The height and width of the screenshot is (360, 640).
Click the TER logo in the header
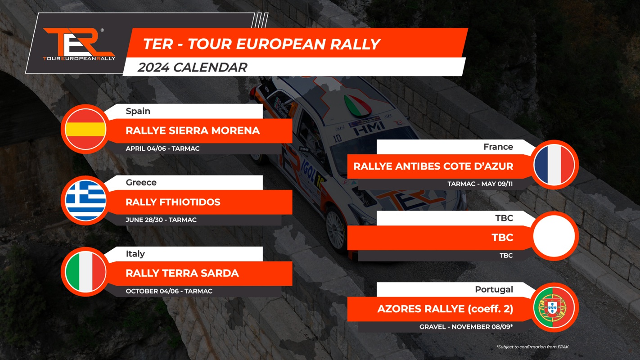pos(79,44)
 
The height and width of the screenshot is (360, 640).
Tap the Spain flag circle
pos(86,129)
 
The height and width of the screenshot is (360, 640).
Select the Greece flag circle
pos(86,201)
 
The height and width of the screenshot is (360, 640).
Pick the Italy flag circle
pos(86,272)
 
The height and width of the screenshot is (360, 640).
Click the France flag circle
pos(554,165)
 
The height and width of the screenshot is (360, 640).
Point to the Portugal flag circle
pos(554,307)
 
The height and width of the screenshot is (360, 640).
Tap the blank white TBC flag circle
pos(554,236)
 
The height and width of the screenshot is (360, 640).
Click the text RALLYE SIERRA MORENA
pos(193,130)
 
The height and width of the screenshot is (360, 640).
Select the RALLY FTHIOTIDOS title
pos(173,202)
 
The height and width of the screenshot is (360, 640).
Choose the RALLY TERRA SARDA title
pos(182,273)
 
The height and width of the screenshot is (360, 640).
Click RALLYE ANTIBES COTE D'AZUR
pos(433,166)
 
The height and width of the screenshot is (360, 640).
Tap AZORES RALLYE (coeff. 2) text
pos(445,309)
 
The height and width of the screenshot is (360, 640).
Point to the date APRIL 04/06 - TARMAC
pos(162,148)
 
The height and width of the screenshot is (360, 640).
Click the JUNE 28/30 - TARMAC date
pos(161,220)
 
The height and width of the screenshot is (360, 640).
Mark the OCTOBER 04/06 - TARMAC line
pos(169,291)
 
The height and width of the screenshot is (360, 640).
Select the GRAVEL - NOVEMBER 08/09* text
pos(466,327)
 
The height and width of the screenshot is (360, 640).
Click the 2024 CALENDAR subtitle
pos(192,67)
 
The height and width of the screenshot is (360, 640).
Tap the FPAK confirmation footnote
pos(532,347)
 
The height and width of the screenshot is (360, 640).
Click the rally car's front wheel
pos(336,229)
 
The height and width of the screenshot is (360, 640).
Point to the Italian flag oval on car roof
pos(357,106)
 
